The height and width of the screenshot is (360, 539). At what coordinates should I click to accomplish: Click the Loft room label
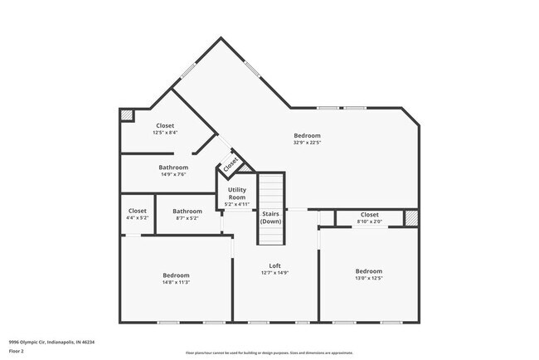[274, 265]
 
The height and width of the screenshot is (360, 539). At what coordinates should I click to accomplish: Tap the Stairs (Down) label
[271, 218]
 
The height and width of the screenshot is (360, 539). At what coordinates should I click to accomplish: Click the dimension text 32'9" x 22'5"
[307, 143]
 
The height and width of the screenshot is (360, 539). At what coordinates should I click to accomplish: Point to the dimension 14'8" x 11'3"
[176, 282]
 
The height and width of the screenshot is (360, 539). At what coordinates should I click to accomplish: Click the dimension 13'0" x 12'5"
[369, 278]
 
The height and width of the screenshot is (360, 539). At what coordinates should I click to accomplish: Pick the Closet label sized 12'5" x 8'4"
[165, 125]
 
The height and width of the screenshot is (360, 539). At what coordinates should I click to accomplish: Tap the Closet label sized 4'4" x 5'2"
[138, 211]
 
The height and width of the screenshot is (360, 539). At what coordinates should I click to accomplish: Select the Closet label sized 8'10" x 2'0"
[369, 215]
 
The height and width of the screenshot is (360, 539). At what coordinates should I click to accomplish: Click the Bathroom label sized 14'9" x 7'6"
[174, 168]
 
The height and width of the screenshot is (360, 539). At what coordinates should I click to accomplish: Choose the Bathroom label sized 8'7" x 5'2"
[187, 211]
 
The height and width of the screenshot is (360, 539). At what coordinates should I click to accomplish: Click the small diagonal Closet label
[231, 161]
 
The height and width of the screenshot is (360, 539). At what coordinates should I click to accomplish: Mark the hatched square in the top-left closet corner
[127, 116]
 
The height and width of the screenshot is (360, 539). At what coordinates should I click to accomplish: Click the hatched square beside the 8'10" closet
[411, 217]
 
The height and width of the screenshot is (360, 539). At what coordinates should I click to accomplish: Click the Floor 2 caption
[17, 351]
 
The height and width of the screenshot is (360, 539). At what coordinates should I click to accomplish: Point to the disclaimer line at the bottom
[269, 353]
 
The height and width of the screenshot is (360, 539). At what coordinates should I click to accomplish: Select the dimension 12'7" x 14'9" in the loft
[274, 272]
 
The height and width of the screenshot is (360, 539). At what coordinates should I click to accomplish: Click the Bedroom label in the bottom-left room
[176, 275]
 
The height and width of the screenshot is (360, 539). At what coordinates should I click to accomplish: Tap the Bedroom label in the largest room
[307, 135]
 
